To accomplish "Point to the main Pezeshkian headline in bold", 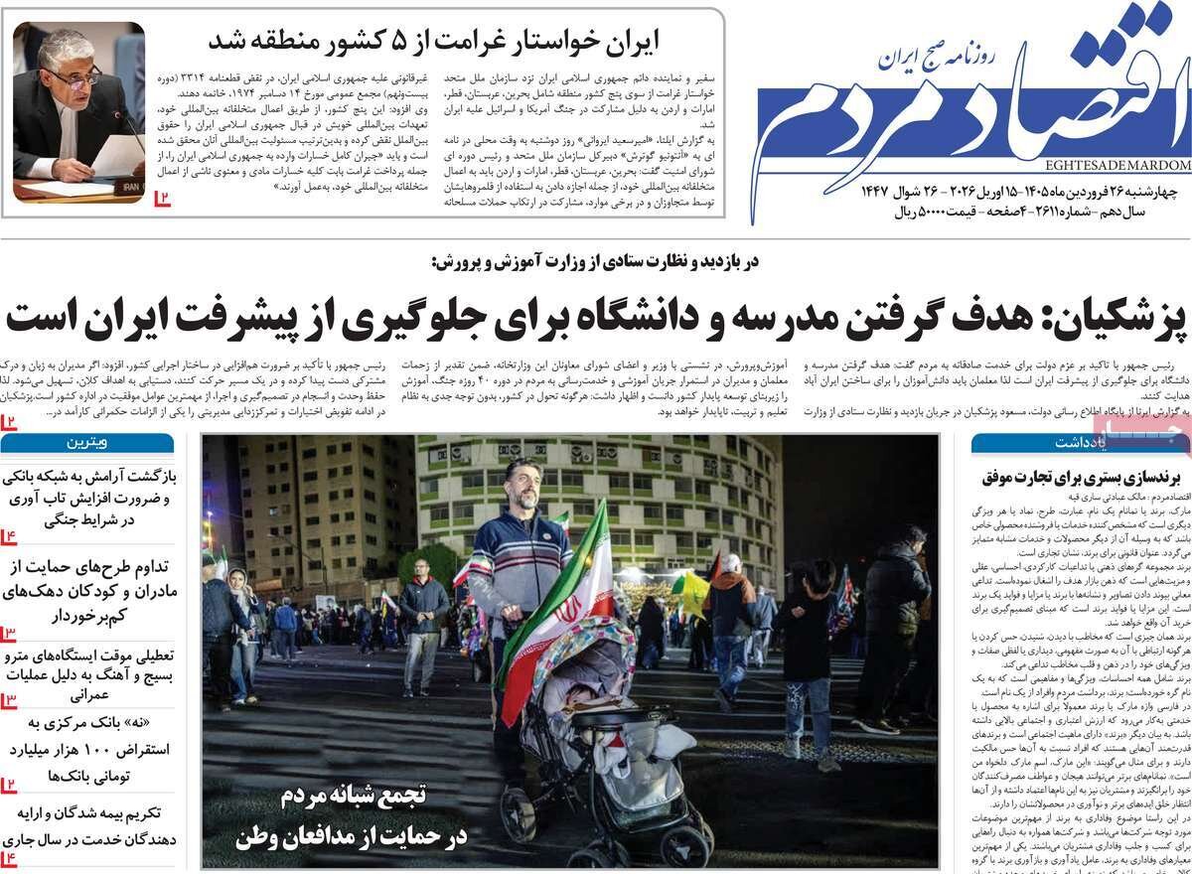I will click(596, 317).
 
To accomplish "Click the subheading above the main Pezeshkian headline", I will click(596, 262).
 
